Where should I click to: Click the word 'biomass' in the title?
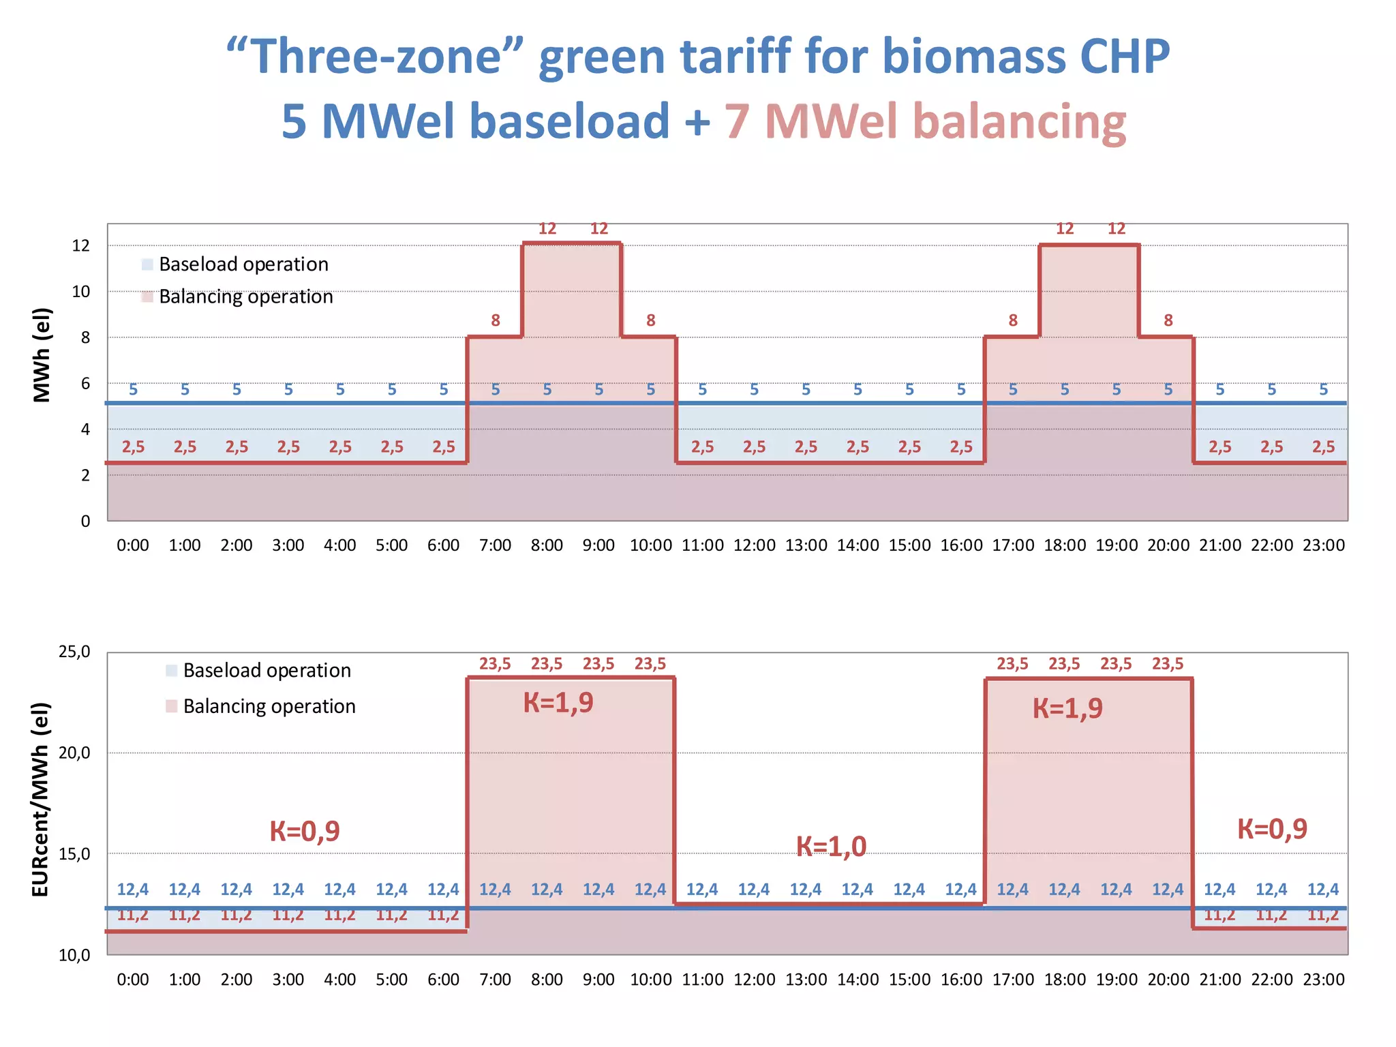click(x=974, y=56)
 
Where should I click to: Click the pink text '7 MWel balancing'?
click(x=924, y=121)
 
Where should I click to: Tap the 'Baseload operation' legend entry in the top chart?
click(x=243, y=264)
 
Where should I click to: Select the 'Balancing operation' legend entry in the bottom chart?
click(x=269, y=706)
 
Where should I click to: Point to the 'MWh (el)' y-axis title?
click(x=42, y=354)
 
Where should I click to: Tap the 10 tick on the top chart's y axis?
click(x=81, y=292)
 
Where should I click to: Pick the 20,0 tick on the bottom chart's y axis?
click(x=74, y=753)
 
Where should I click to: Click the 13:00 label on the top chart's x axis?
click(x=806, y=545)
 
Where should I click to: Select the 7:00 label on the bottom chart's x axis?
click(x=495, y=980)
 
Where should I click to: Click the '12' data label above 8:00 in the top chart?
click(x=547, y=229)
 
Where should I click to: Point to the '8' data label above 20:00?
click(x=1168, y=320)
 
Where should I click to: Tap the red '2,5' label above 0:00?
click(x=133, y=447)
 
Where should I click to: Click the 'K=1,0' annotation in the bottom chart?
click(x=831, y=847)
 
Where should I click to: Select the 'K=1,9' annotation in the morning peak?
click(x=558, y=703)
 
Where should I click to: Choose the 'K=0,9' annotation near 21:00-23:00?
click(x=1272, y=829)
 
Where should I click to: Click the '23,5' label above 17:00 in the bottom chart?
click(x=1012, y=664)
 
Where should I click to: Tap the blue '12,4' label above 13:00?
click(x=806, y=890)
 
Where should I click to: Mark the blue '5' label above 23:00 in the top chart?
click(x=1323, y=390)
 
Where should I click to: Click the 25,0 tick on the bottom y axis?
click(x=74, y=652)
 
